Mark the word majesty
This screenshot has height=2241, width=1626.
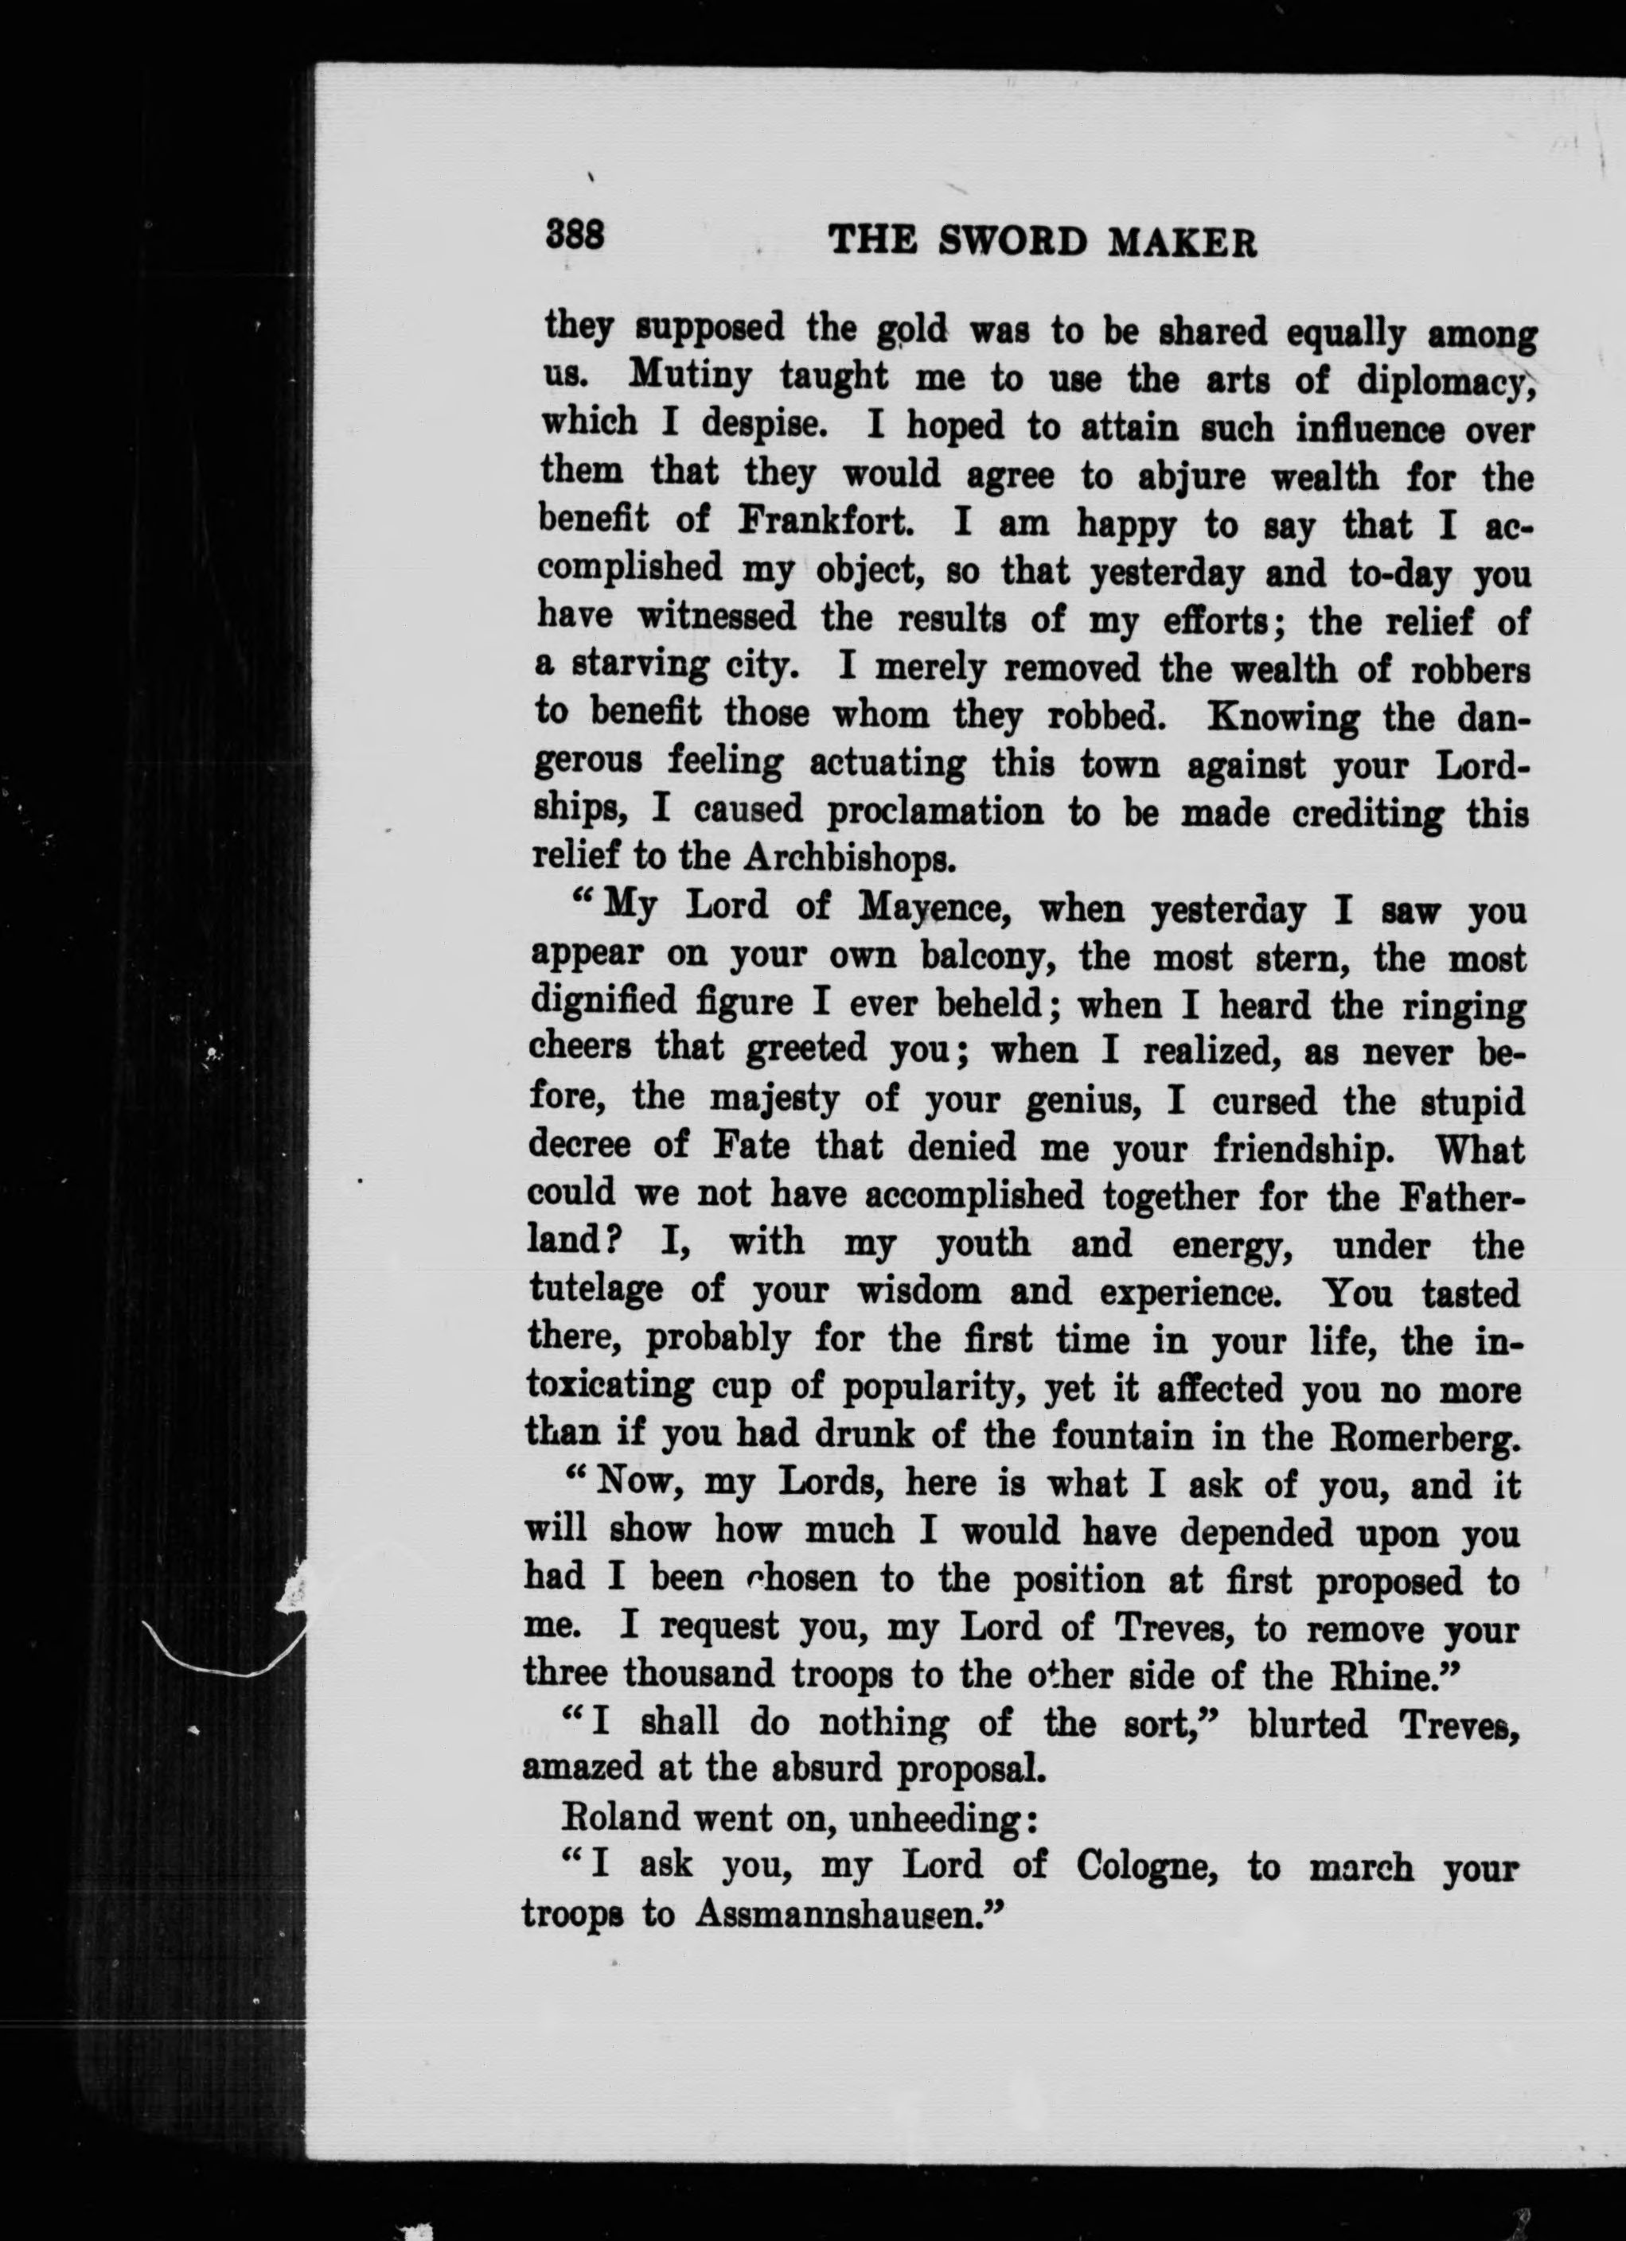(x=772, y=1099)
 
